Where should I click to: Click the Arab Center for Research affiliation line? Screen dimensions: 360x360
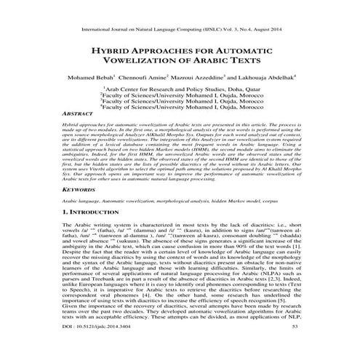point(180,93)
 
